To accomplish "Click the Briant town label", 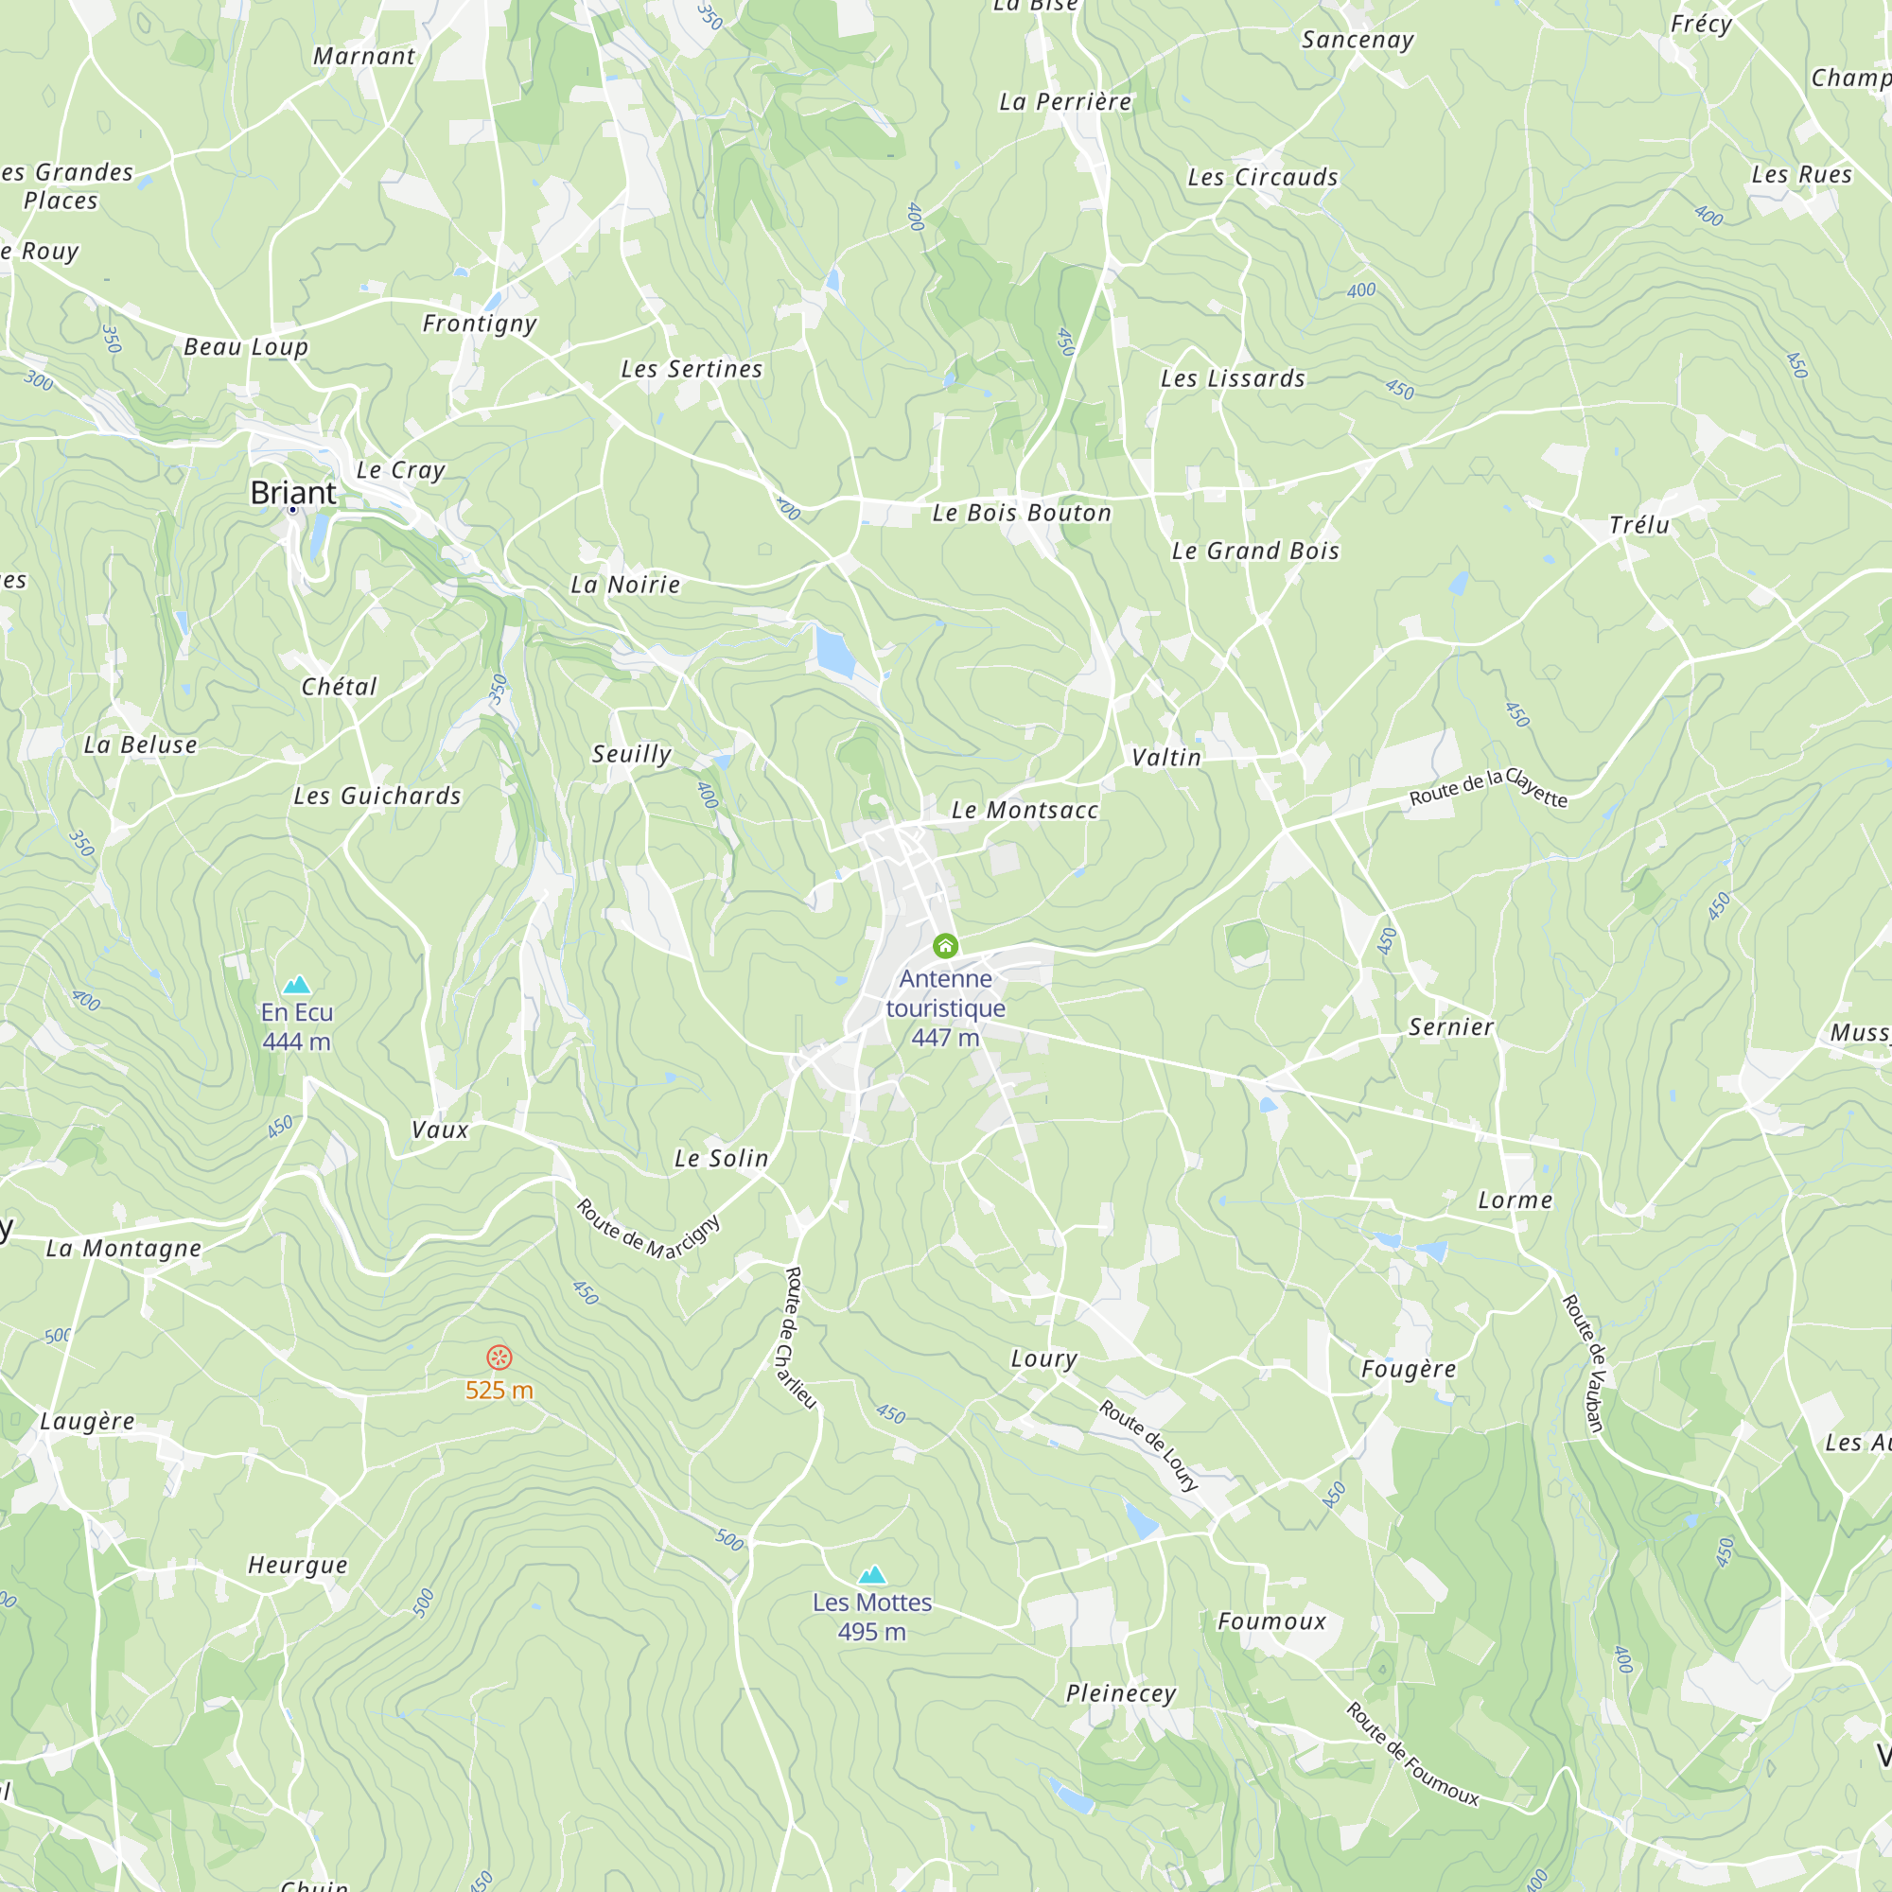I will click(293, 493).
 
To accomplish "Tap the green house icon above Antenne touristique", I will click(945, 945).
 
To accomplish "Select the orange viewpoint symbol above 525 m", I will click(499, 1358).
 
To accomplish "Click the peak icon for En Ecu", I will click(297, 984).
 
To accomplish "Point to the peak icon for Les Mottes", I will click(871, 1575).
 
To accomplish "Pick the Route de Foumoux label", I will click(1412, 1753).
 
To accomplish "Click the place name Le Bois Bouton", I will click(1022, 513).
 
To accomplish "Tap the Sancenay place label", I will click(1358, 40).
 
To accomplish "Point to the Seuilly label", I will click(632, 754).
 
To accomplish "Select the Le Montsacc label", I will click(1025, 810).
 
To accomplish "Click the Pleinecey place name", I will click(1121, 1693).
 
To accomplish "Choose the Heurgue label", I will click(298, 1565).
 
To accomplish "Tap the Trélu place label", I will click(1639, 526).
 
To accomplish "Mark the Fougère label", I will click(1409, 1369).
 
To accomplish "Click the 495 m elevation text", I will click(871, 1632).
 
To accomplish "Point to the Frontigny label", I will click(480, 324).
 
